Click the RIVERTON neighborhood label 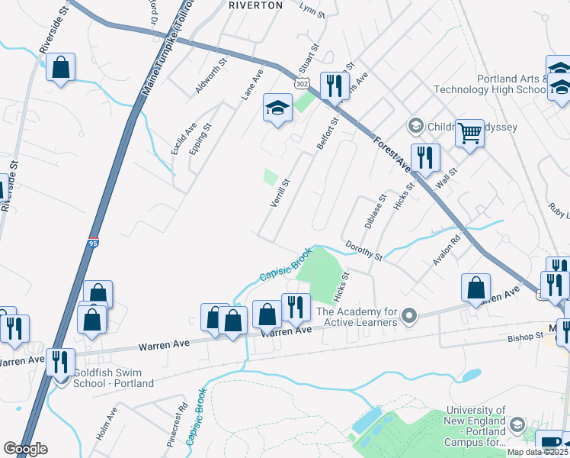coord(255,5)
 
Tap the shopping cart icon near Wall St coord(470,134)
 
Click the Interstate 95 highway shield coord(93,242)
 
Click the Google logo coord(25,449)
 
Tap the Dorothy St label coord(363,250)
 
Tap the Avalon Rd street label coord(447,250)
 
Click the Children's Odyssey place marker coord(415,124)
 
